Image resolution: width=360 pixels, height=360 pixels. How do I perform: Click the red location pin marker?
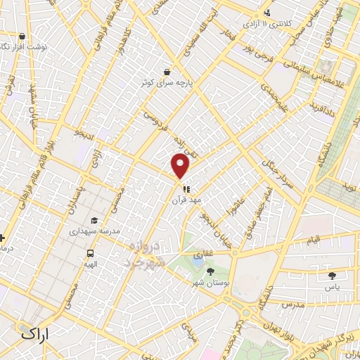click(x=181, y=166)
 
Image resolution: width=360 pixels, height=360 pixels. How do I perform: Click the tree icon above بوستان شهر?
click(x=199, y=271)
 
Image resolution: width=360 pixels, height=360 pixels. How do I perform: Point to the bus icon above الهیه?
click(x=90, y=253)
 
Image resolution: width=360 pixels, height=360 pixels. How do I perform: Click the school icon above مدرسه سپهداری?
click(x=94, y=220)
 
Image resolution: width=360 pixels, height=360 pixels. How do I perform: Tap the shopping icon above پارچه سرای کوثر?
click(x=167, y=71)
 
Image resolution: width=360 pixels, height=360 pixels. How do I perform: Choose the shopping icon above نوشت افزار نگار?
click(x=22, y=36)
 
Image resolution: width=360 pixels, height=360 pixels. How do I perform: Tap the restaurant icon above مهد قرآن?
click(x=186, y=188)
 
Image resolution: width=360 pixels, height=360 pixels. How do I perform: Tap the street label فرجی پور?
click(x=254, y=50)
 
